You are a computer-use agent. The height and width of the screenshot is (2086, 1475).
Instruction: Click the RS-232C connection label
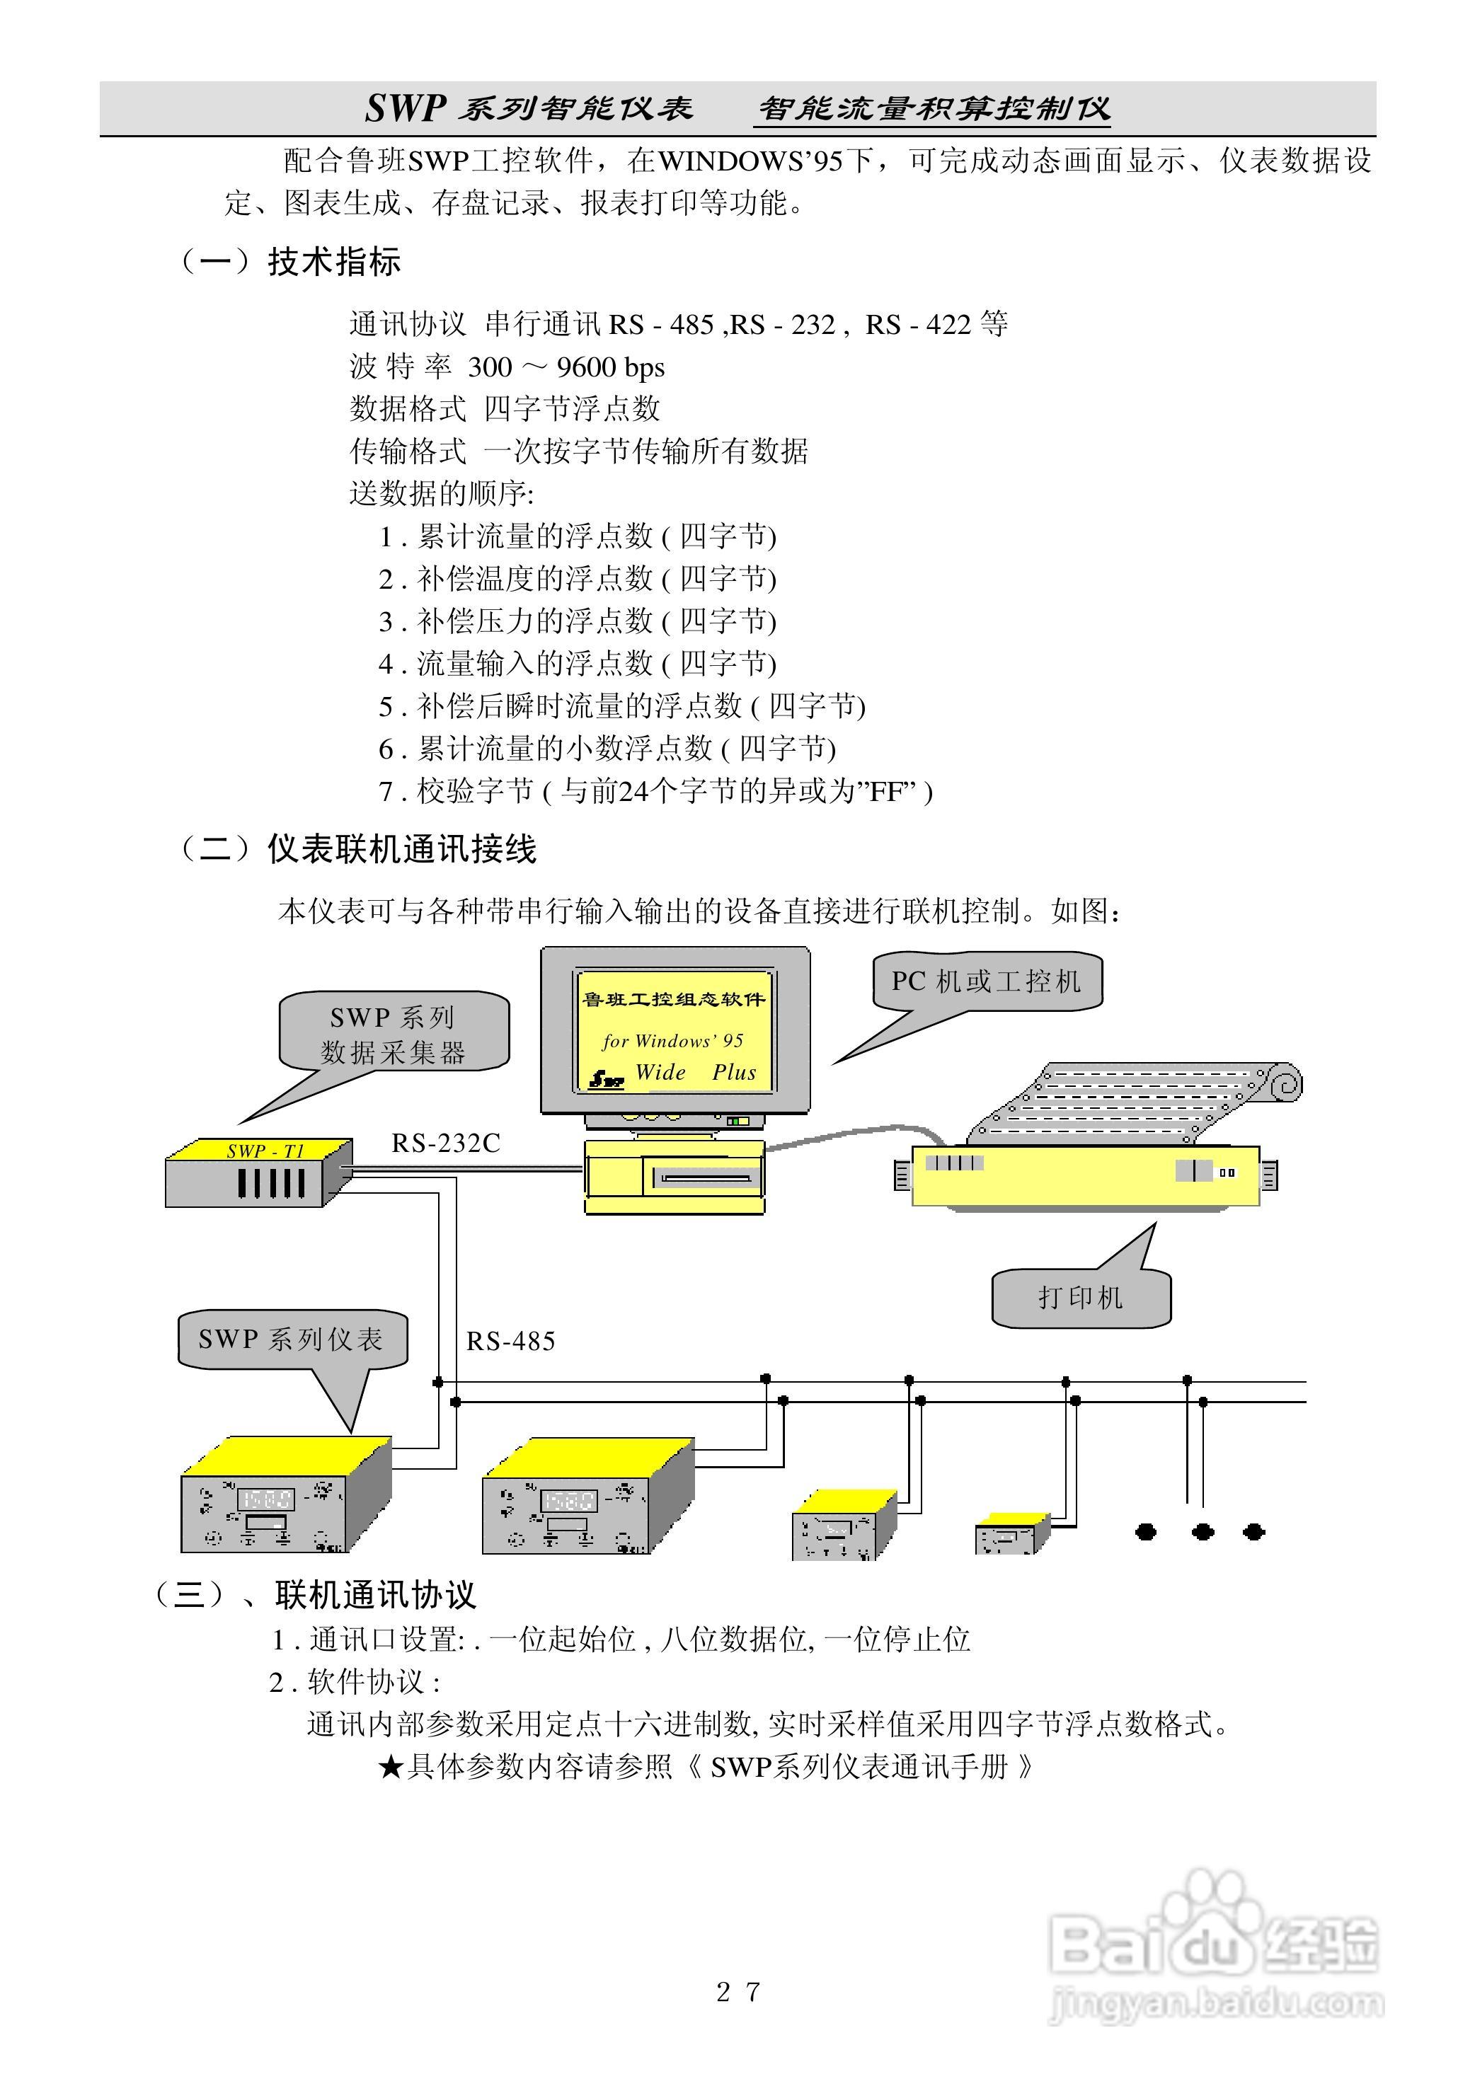coord(445,1143)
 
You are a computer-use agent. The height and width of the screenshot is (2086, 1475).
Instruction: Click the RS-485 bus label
coord(510,1341)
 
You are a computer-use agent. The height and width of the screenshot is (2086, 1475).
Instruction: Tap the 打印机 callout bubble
coord(1081,1298)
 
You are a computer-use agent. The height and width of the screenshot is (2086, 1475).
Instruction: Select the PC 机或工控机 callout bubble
coord(987,981)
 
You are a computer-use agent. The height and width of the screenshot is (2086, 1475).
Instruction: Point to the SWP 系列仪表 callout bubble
coord(292,1339)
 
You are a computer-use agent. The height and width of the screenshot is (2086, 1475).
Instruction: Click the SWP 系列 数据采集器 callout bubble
coord(394,1034)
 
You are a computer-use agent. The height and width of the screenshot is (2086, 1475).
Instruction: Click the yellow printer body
coord(1084,1177)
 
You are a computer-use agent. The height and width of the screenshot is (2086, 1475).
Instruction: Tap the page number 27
coord(737,1991)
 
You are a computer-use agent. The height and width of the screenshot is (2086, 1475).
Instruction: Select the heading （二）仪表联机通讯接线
coord(358,850)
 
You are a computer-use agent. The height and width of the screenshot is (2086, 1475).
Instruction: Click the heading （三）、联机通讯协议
coord(314,1594)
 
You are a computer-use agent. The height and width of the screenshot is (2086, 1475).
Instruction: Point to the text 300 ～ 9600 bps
coord(566,367)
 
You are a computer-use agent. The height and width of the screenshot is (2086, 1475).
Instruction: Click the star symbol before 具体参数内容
coord(390,1767)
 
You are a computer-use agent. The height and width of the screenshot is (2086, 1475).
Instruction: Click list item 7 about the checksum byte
coord(655,791)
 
